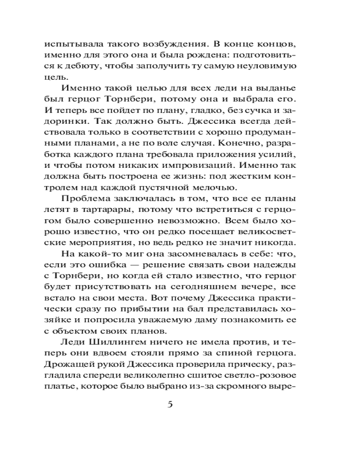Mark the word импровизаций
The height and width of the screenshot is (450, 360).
[211, 153]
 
